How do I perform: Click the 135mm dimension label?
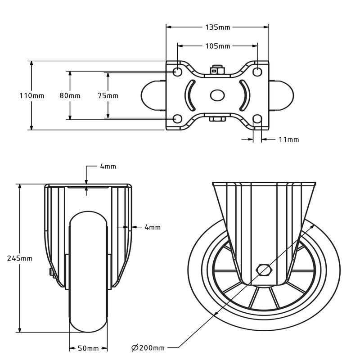click(x=217, y=27)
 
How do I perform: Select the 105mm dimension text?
click(x=217, y=46)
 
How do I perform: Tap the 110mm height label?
click(x=31, y=95)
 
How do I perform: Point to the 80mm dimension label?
click(x=70, y=95)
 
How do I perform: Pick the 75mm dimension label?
click(x=108, y=95)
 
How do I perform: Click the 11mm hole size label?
click(x=288, y=139)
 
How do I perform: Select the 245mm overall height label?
click(x=20, y=258)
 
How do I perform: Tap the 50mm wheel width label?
click(x=88, y=348)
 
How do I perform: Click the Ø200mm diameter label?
click(x=148, y=348)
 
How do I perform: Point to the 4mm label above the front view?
click(x=108, y=166)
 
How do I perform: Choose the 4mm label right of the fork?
click(x=153, y=227)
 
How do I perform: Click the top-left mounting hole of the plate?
click(x=177, y=72)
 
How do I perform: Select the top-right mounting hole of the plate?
click(x=257, y=72)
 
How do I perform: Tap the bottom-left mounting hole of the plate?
click(x=177, y=119)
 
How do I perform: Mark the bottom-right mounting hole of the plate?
click(x=257, y=119)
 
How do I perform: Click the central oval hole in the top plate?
click(x=217, y=95)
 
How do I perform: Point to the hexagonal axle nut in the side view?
click(x=264, y=270)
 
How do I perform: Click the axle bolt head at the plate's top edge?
click(x=217, y=70)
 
